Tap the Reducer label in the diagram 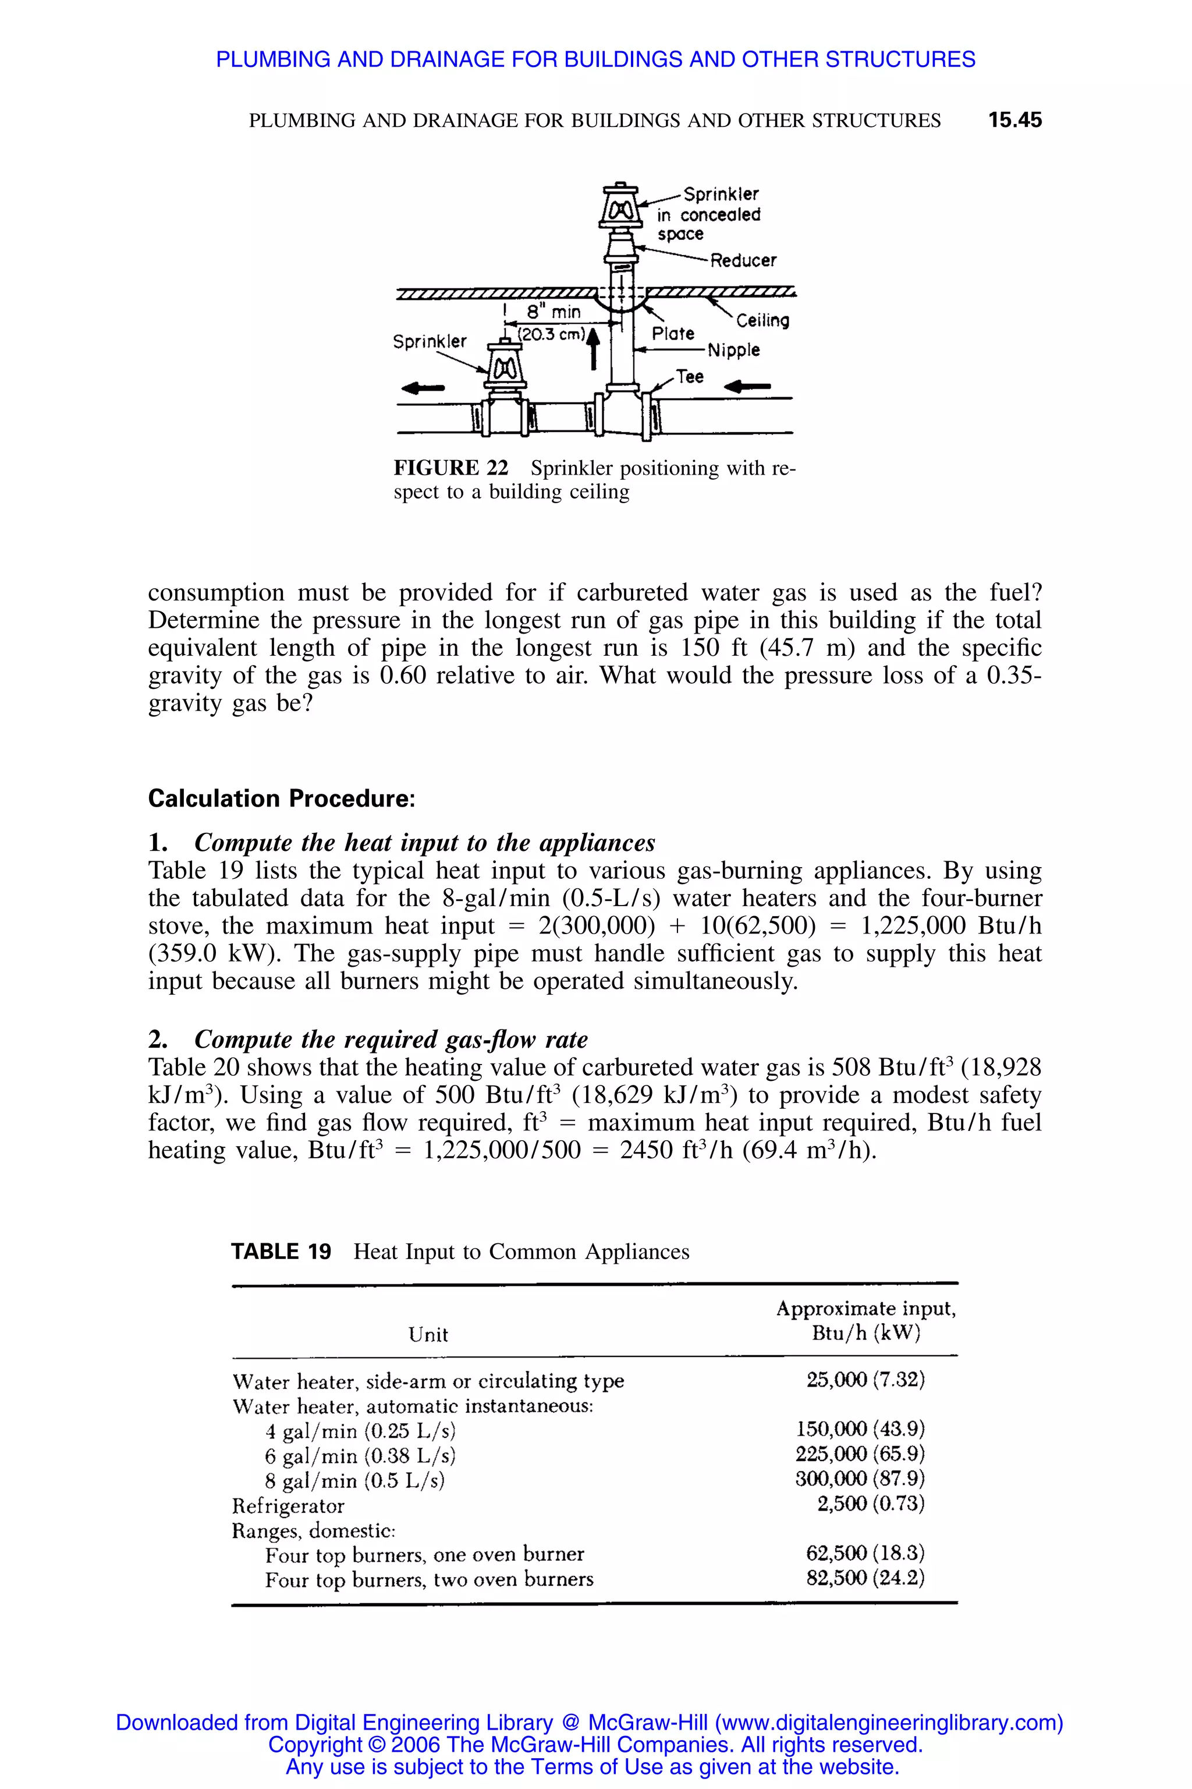743,261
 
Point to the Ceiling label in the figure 762,321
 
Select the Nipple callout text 733,350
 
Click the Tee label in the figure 690,377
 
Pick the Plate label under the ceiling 673,333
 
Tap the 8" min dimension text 554,312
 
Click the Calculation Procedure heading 281,798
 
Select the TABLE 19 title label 281,1252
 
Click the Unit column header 428,1335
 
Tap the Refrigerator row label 288,1506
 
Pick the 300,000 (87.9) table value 860,1479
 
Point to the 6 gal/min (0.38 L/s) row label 360,1456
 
